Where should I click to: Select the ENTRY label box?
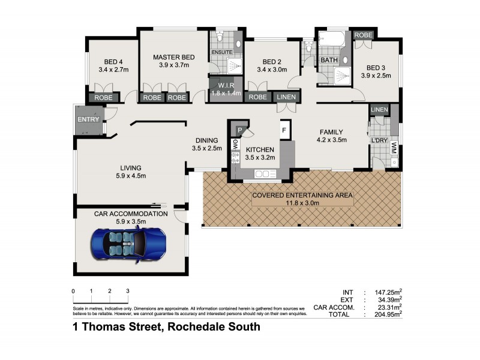click(x=89, y=119)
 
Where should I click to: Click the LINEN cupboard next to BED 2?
click(x=286, y=97)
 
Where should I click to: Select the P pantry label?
click(x=239, y=130)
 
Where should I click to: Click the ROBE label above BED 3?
click(x=363, y=35)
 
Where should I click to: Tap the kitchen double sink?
click(x=263, y=174)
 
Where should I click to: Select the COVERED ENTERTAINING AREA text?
click(x=302, y=195)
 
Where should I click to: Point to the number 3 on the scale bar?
click(x=128, y=290)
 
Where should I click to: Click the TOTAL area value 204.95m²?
click(x=388, y=313)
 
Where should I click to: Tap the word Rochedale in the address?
click(x=199, y=327)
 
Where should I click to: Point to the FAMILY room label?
click(x=331, y=132)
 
